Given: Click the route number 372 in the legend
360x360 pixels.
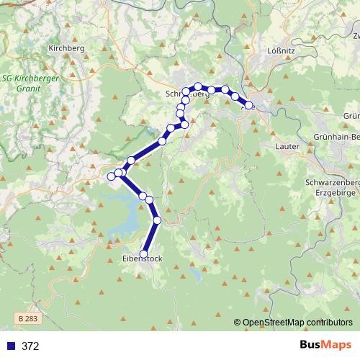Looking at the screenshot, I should pos(30,346).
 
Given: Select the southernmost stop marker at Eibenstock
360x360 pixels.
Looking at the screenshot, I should pos(144,253).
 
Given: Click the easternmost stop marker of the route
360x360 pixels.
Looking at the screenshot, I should pos(249,105).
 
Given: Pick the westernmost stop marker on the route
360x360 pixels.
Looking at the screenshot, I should pos(111,176).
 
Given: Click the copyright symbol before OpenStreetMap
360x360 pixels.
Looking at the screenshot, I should pos(238,323).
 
